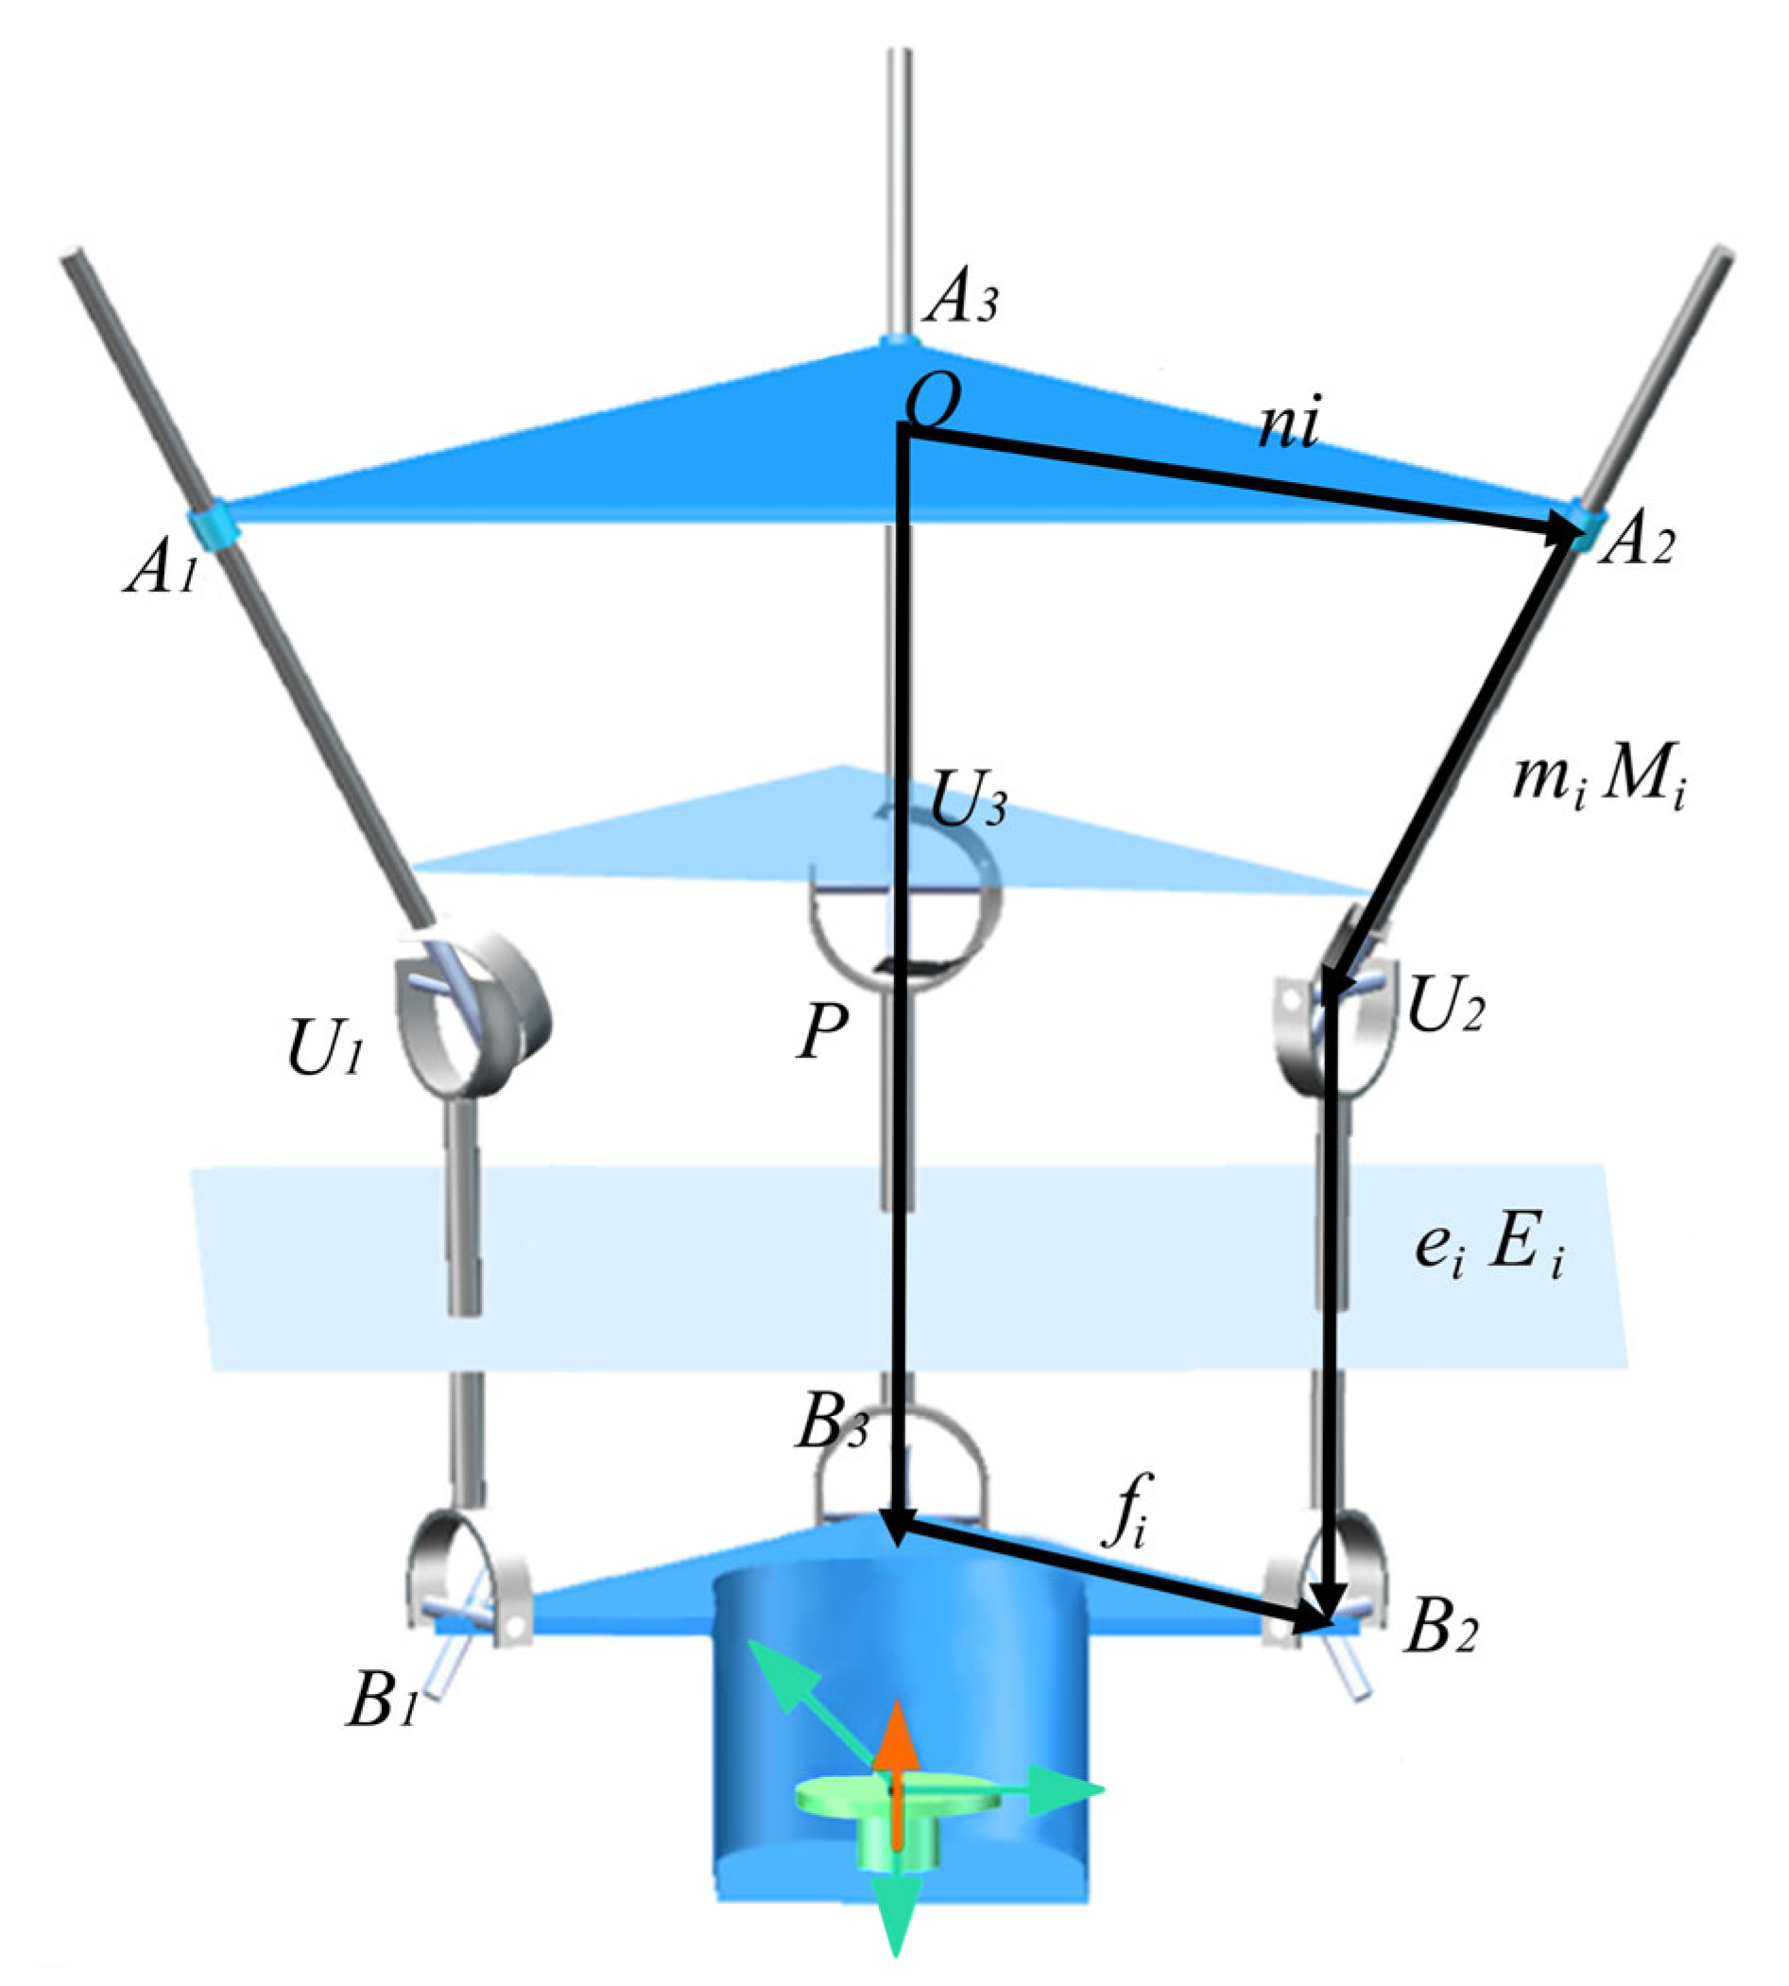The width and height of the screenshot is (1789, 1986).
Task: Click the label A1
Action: click(162, 571)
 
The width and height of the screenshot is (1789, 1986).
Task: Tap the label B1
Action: click(384, 1702)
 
